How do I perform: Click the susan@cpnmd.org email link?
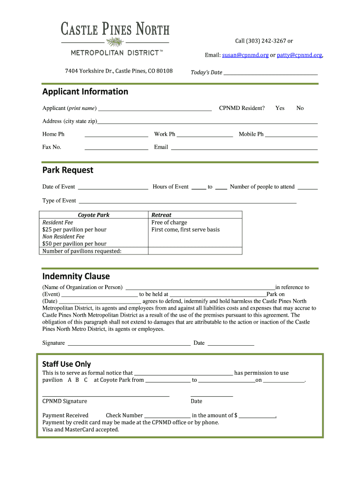tap(245, 55)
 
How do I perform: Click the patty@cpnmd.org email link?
tap(299, 55)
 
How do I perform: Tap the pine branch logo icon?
tap(115, 43)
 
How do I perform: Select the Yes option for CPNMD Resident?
tap(280, 108)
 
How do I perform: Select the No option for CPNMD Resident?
tap(300, 108)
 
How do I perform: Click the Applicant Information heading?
tap(85, 92)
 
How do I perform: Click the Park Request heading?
tap(68, 170)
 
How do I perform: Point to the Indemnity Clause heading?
tap(76, 276)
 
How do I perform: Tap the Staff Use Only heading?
tap(66, 364)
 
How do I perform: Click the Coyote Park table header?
tap(94, 215)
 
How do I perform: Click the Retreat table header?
tap(161, 215)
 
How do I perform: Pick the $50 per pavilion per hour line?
tap(74, 244)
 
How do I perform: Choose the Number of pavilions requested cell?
tap(82, 251)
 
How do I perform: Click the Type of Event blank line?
tap(187, 202)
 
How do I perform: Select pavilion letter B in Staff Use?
tap(78, 380)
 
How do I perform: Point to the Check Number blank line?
tap(167, 416)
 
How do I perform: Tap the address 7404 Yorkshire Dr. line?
tap(119, 71)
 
